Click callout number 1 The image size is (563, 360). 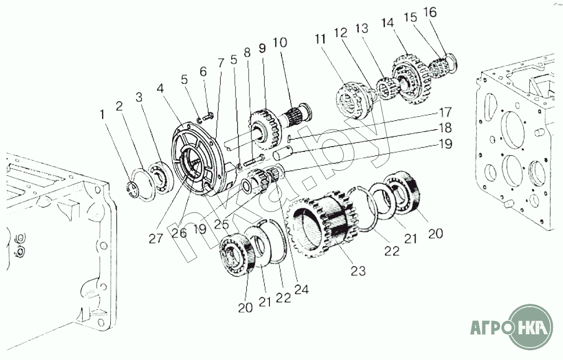point(103,115)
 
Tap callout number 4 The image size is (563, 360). point(161,88)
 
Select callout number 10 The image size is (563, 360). point(280,43)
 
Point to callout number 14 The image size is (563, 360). point(388,23)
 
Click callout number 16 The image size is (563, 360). point(430,12)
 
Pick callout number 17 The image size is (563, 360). point(445,112)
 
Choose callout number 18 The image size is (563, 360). point(445,128)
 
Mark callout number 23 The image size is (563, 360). point(358,270)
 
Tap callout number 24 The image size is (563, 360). point(302,289)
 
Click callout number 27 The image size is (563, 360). point(156,238)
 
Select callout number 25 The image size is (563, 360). point(221,224)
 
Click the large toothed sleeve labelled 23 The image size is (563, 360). point(321,227)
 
